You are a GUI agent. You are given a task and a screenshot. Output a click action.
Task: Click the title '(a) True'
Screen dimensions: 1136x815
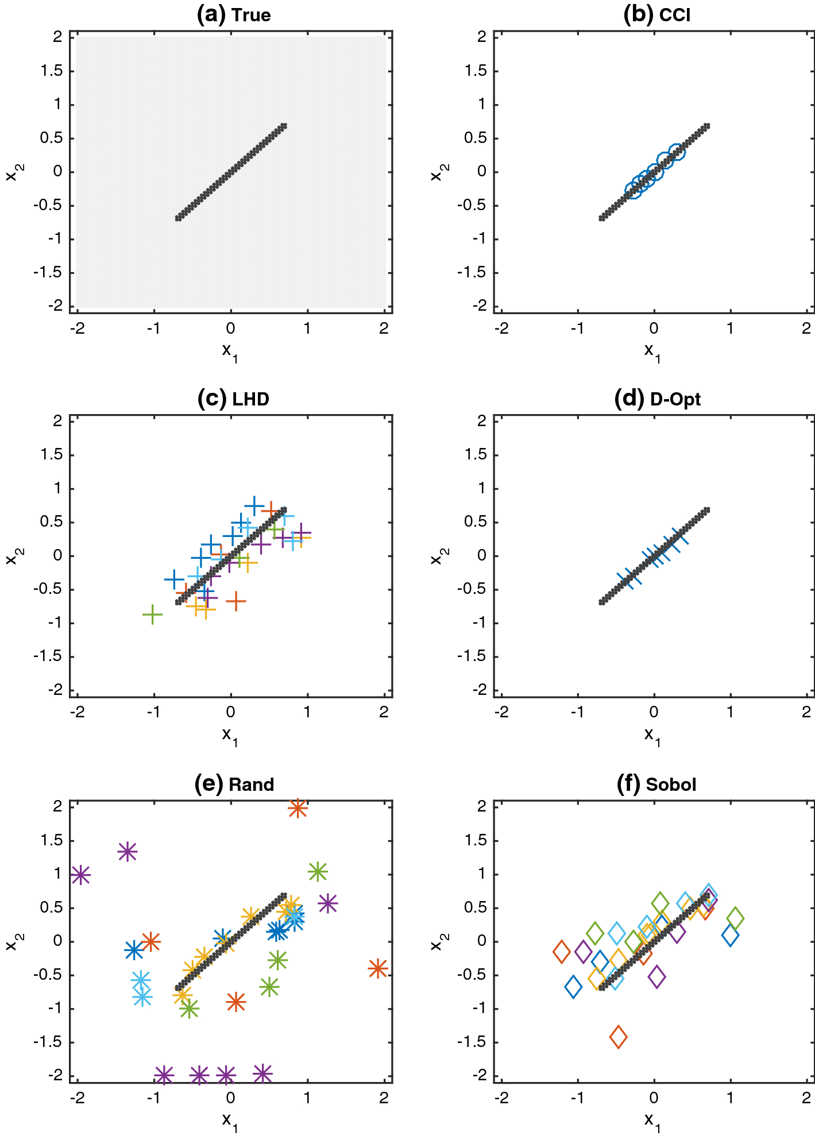point(233,14)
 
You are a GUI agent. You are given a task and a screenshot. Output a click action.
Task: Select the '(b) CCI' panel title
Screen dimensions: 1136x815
point(656,14)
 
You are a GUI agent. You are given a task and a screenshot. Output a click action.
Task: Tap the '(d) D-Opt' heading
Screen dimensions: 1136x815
point(657,399)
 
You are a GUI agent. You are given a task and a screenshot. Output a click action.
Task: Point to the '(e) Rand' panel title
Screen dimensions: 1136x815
point(234,784)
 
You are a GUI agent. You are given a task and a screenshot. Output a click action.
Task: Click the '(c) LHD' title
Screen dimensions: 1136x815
point(233,399)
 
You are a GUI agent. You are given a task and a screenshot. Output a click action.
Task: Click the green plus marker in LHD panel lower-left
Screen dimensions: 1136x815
point(152,615)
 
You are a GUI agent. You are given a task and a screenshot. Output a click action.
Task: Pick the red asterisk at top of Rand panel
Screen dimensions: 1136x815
point(298,808)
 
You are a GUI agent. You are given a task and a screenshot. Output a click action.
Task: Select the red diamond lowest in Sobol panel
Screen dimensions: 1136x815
point(619,1037)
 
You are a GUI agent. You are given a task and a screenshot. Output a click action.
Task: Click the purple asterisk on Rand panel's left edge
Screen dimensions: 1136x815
point(80,875)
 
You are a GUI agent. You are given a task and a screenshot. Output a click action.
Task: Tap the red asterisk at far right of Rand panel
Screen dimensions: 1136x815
point(377,969)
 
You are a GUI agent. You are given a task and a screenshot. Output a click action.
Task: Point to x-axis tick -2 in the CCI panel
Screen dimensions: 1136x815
point(501,328)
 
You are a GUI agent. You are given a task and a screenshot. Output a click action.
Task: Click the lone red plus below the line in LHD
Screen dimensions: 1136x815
point(235,601)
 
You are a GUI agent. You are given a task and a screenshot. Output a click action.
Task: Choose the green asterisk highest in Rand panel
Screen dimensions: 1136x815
point(318,872)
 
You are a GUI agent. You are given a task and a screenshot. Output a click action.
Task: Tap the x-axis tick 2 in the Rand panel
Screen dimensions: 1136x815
point(384,1098)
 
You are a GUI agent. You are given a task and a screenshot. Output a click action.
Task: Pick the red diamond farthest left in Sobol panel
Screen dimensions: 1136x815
point(562,952)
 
